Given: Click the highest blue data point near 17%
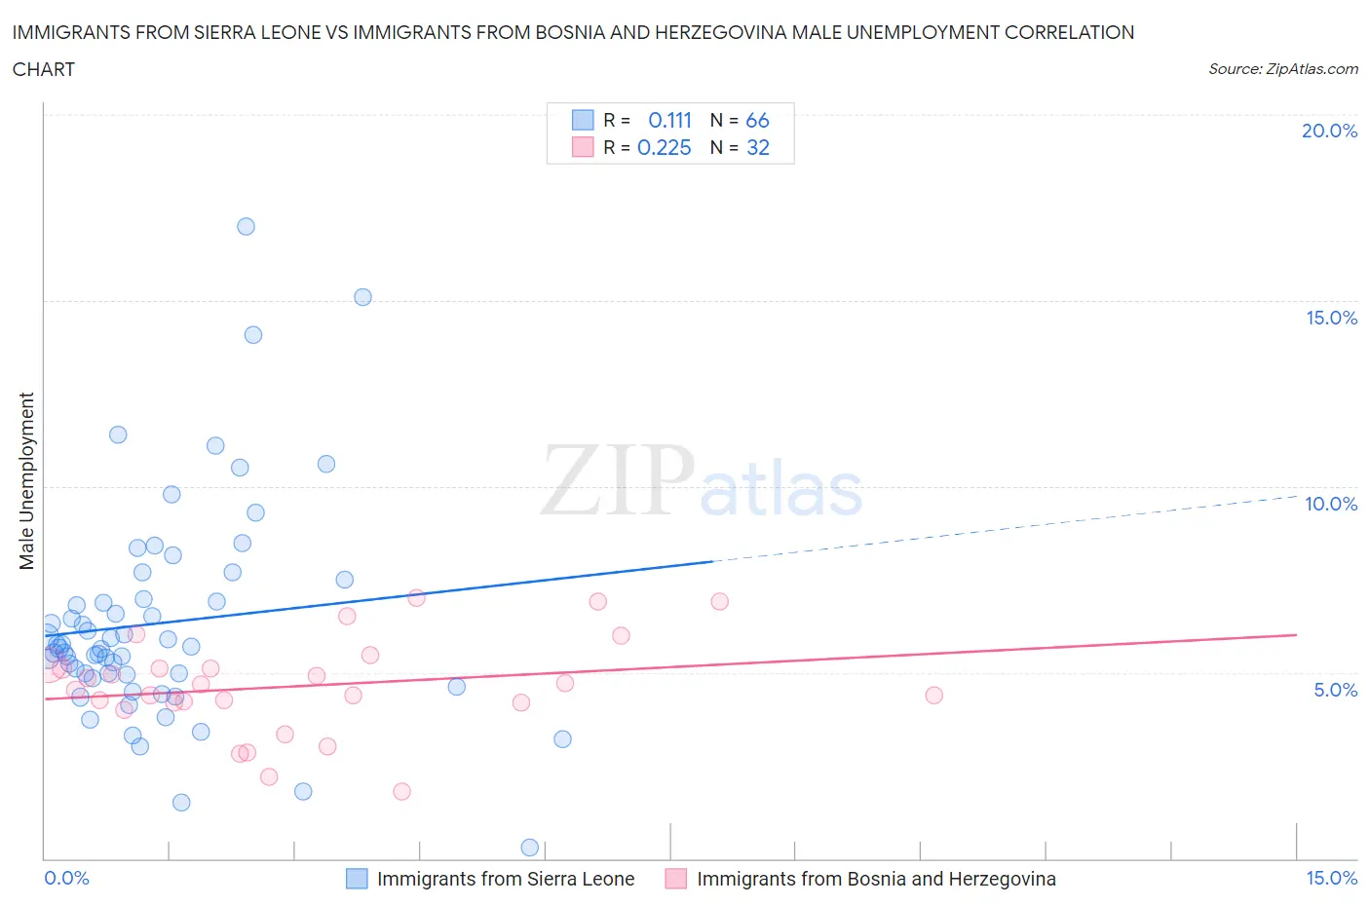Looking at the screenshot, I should tap(246, 226).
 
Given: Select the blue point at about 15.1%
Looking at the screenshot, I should tap(362, 297).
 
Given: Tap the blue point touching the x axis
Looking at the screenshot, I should tap(530, 848).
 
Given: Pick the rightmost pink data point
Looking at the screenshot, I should tap(933, 695).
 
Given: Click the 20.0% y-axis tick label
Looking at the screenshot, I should tap(1329, 131).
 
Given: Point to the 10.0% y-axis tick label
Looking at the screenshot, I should tap(1331, 504).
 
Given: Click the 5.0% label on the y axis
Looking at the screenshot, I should tap(1335, 690).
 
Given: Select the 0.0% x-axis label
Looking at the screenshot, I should tap(66, 878).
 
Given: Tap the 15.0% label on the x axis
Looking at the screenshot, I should tap(1331, 878).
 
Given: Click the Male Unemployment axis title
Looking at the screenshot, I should tap(26, 480).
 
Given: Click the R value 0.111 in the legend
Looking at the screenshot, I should tap(669, 120).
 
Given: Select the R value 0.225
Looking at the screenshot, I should tap(664, 147).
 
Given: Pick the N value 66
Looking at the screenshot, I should tap(757, 120).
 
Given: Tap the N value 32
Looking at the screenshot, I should tap(757, 147).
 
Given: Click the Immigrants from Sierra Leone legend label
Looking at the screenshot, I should tap(505, 879).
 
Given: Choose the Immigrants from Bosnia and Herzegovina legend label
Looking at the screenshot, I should tap(875, 879).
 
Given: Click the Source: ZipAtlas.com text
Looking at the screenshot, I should tap(1282, 69).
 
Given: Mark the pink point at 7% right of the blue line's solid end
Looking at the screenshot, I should tap(719, 601).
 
